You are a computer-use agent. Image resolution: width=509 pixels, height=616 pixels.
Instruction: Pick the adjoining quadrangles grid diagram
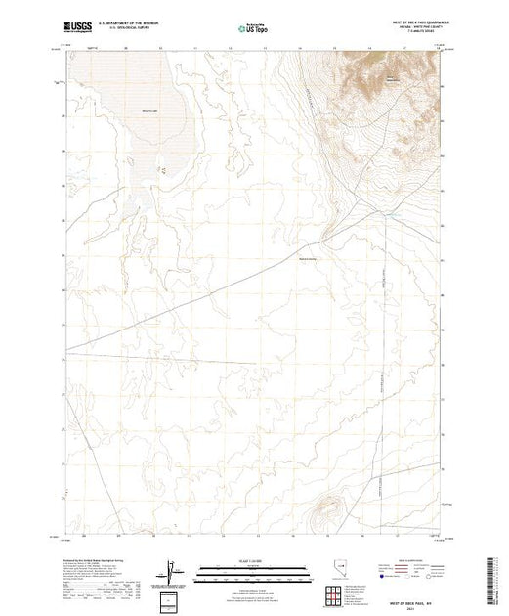click(x=337, y=593)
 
